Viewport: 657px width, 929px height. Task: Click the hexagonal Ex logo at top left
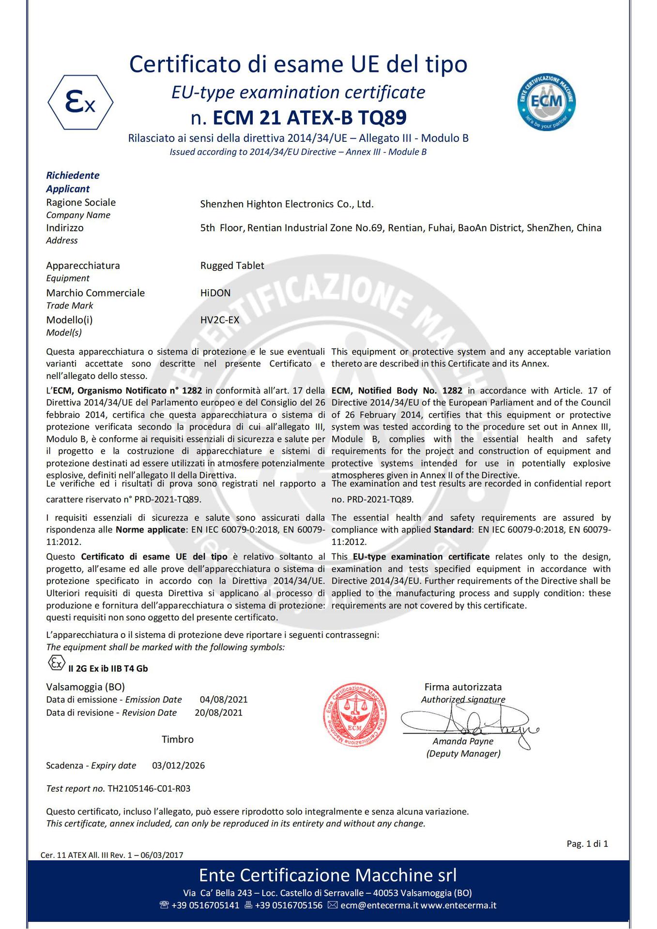click(80, 102)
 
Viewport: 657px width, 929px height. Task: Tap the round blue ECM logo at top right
click(546, 102)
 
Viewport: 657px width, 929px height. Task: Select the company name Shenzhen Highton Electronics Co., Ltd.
click(287, 204)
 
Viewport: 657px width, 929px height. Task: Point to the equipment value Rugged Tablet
click(232, 266)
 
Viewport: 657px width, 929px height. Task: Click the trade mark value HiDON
click(215, 293)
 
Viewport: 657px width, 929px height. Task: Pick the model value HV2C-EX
click(220, 320)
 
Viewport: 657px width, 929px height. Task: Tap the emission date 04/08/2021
click(224, 700)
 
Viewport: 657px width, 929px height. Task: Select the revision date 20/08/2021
click(219, 713)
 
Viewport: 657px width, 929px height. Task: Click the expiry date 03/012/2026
click(178, 765)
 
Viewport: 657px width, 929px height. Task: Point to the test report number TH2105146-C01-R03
click(149, 789)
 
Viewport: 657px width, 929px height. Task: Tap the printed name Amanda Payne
click(463, 741)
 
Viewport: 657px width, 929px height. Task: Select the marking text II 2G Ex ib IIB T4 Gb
click(108, 669)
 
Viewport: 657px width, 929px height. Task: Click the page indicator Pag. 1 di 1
click(587, 844)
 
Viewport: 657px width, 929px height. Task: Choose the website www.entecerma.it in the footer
click(458, 905)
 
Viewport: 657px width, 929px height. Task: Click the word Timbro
click(178, 739)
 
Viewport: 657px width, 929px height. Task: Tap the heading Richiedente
click(73, 175)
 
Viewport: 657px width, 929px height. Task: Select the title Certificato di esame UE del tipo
click(298, 64)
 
